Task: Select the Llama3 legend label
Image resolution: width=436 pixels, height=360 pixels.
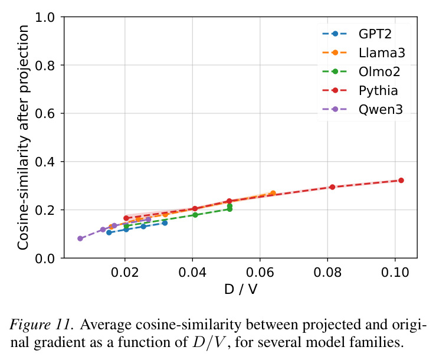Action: pos(382,53)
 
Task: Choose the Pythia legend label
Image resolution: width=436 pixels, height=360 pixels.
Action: pos(378,91)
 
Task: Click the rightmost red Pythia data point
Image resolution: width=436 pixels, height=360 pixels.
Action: pos(401,180)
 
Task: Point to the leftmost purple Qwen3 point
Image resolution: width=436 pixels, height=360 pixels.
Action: pos(80,238)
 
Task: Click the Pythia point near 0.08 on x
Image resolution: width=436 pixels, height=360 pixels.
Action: pos(332,187)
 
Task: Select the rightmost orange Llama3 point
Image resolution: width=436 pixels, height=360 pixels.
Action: pos(273,193)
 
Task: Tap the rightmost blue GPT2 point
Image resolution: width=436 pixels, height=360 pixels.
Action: pos(165,223)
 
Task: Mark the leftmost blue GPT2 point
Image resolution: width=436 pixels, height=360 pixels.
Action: pos(109,233)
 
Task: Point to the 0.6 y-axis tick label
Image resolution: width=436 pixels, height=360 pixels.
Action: pos(45,113)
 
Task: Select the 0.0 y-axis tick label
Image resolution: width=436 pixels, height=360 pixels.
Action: pos(45,258)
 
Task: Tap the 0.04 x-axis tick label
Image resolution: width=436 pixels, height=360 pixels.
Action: pos(192,272)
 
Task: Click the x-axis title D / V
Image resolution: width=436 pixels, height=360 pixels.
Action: pos(241,289)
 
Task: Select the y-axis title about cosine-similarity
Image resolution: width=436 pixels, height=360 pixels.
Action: pos(23,137)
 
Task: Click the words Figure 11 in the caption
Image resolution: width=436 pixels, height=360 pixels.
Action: pos(42,325)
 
